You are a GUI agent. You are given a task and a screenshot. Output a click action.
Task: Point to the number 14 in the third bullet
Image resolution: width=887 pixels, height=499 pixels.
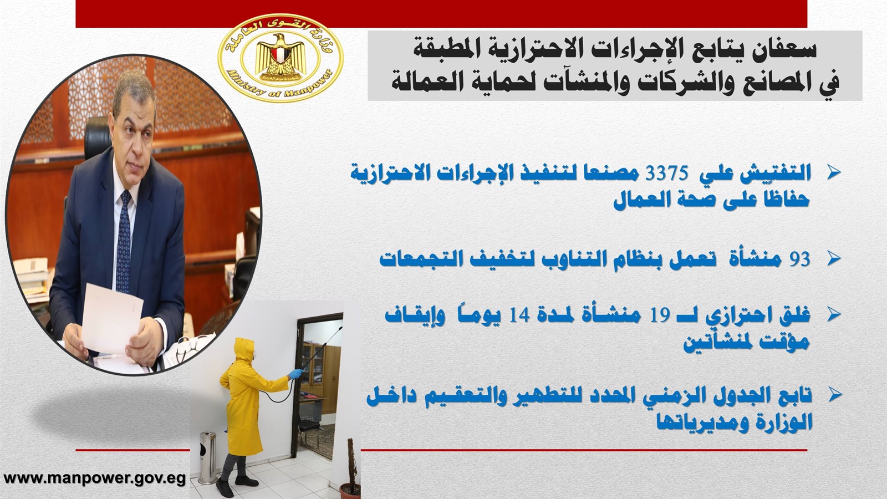coord(519,316)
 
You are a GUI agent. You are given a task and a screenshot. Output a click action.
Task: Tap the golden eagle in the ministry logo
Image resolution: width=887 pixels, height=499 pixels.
coord(281,55)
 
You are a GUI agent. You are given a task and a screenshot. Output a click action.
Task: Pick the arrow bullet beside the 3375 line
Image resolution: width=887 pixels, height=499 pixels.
coord(834,173)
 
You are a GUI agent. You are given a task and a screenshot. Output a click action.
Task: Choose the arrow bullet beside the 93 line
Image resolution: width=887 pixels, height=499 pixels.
coord(834,258)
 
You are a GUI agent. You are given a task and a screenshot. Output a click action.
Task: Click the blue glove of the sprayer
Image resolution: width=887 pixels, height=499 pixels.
coord(295,374)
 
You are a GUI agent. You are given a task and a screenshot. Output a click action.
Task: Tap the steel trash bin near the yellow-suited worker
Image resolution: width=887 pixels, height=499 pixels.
coord(207,457)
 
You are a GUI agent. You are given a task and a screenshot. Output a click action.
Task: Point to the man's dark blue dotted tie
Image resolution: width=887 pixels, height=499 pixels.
coord(124,242)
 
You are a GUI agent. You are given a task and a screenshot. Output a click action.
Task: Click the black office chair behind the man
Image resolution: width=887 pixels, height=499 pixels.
coord(98,135)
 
